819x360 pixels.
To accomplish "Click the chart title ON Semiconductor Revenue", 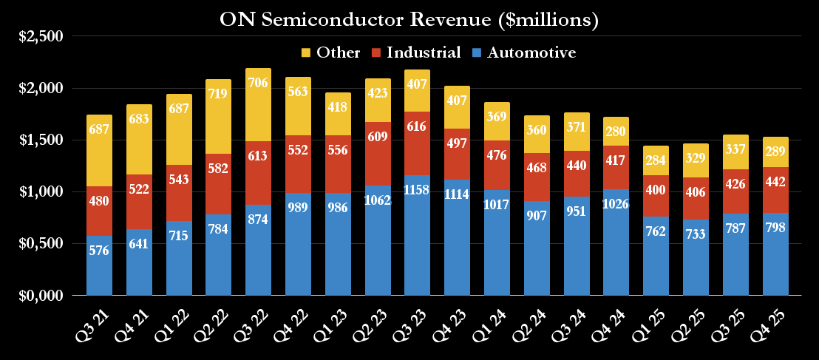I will [x=409, y=20].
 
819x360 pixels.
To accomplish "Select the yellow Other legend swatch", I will [x=306, y=52].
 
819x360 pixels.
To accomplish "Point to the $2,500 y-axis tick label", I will [x=41, y=36].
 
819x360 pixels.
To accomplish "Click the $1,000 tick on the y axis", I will [x=41, y=191].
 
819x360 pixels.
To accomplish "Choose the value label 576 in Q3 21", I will [x=99, y=250].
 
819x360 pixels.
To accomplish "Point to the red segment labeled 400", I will [x=656, y=191].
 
